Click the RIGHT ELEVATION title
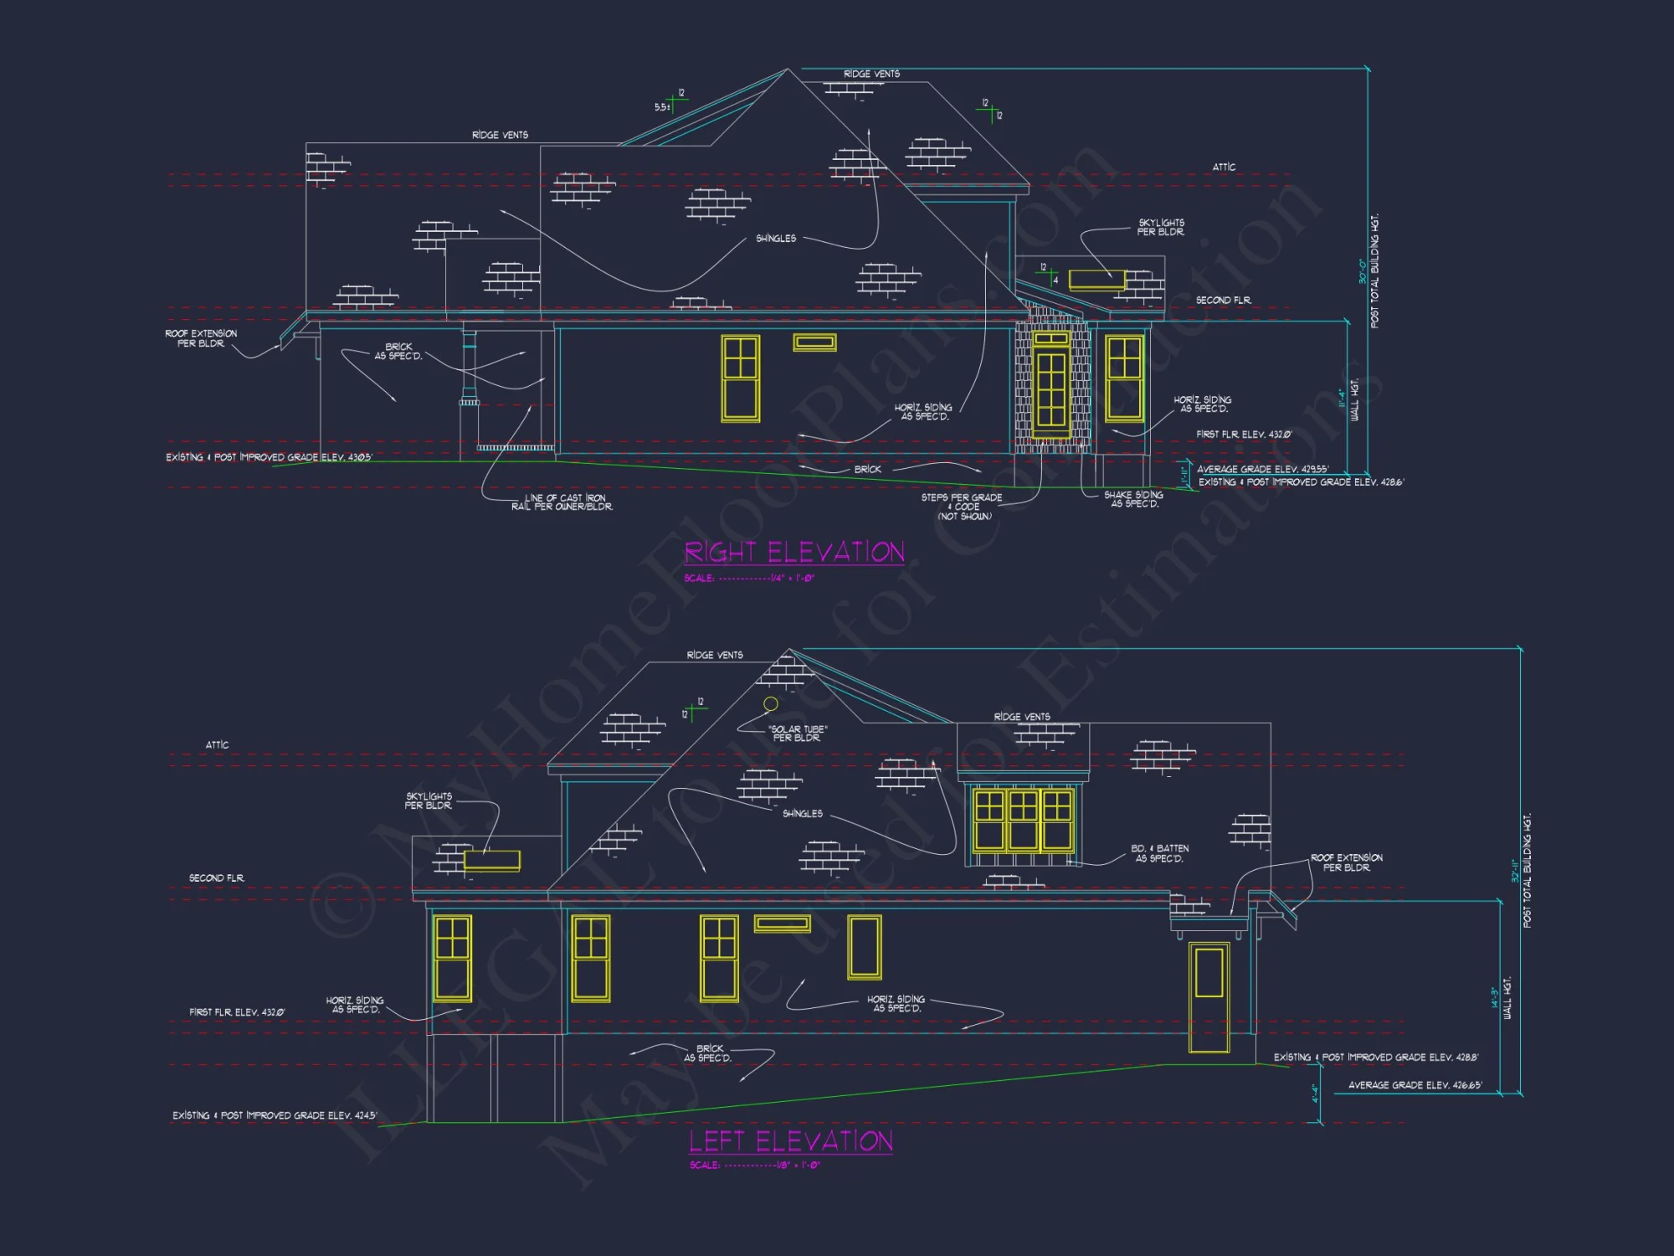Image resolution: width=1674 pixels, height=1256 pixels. (x=794, y=553)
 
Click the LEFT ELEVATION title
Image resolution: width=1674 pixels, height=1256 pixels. (x=791, y=1141)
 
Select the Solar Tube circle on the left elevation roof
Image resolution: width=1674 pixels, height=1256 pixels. (x=771, y=704)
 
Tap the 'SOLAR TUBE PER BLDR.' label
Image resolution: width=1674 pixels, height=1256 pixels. (x=798, y=734)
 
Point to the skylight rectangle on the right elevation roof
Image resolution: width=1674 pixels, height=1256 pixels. (x=1096, y=280)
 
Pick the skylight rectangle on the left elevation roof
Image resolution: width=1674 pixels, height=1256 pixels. (x=492, y=860)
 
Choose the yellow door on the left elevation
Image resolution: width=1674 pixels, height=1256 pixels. (x=1209, y=997)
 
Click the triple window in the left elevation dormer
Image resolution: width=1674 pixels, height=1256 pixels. (x=1023, y=819)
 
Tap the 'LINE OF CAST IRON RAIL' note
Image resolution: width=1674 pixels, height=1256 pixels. (x=562, y=502)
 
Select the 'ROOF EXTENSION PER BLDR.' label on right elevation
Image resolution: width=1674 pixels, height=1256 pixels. (x=201, y=338)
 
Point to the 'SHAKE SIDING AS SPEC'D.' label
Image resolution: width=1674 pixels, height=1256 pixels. (x=1134, y=500)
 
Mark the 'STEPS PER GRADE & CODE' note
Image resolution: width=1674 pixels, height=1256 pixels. (x=963, y=507)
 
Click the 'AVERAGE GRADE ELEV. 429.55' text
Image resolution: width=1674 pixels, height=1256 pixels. (x=1262, y=470)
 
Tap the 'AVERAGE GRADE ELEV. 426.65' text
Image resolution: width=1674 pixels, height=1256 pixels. (x=1415, y=1085)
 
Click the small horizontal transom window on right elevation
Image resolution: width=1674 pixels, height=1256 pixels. (x=814, y=342)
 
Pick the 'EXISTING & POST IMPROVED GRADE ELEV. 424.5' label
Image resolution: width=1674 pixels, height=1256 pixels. (x=275, y=1115)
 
